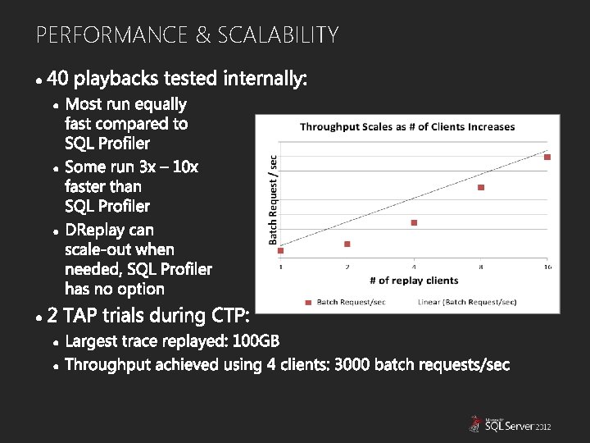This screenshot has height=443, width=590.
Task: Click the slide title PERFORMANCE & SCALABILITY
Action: click(187, 35)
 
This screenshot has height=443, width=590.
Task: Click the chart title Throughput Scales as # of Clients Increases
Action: click(407, 126)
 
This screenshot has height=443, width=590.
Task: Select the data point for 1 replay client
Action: click(281, 250)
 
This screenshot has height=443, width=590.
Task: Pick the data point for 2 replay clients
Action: click(347, 244)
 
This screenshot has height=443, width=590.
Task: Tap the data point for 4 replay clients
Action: click(414, 222)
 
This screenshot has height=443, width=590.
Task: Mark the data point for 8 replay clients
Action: click(481, 187)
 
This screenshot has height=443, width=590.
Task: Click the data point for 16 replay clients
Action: click(547, 157)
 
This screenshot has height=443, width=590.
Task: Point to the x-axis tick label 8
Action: click(481, 267)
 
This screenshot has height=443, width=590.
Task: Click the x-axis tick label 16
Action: click(547, 267)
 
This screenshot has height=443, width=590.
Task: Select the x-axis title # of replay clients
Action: click(414, 281)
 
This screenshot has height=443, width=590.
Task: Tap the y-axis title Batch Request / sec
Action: click(274, 198)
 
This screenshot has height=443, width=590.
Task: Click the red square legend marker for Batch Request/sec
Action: click(308, 302)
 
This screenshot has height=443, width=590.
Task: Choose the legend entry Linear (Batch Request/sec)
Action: click(467, 302)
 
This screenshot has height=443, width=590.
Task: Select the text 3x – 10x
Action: click(169, 167)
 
